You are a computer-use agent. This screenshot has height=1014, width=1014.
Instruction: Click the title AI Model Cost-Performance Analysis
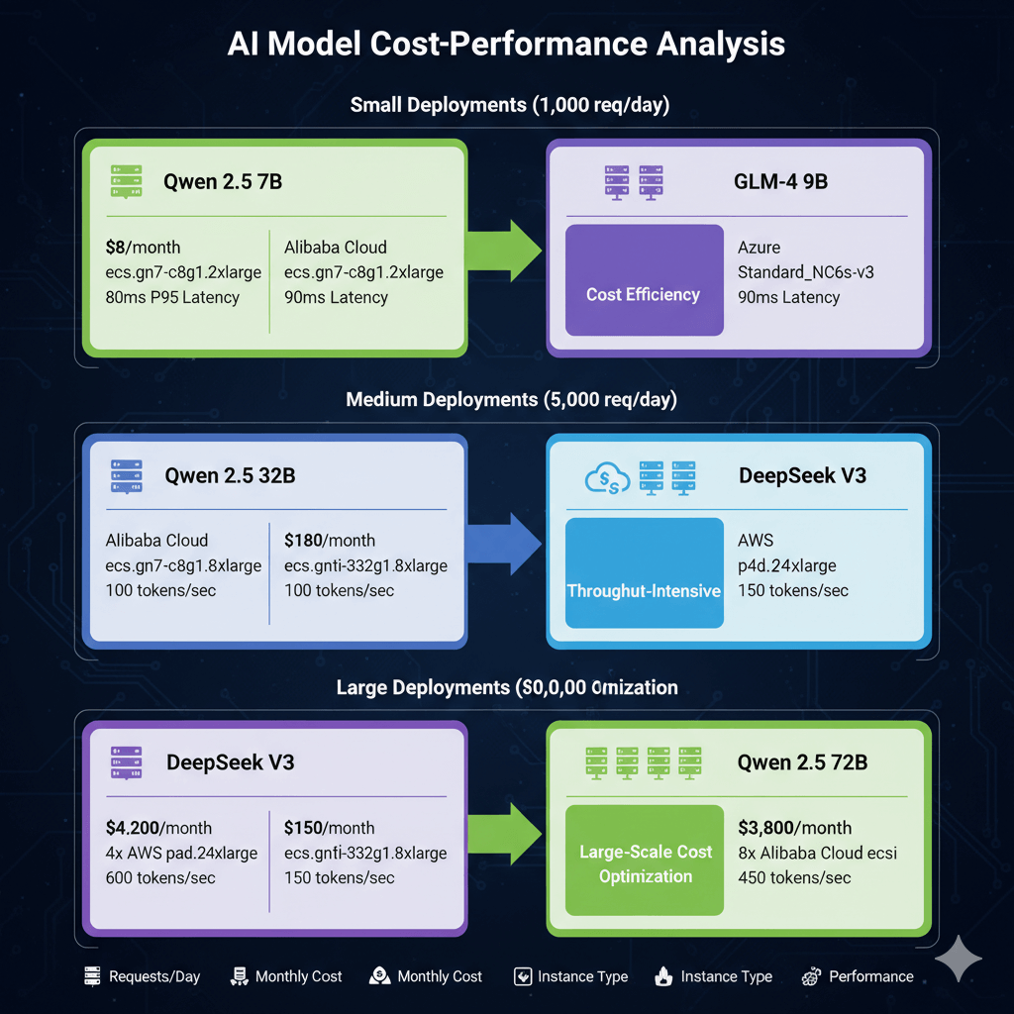[506, 45]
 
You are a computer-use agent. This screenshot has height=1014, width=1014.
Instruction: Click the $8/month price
[144, 247]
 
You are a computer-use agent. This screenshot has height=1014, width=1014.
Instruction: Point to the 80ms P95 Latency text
[172, 297]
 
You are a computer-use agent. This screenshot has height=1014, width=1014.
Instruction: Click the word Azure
[760, 247]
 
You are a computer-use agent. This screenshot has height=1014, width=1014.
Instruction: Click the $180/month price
[330, 540]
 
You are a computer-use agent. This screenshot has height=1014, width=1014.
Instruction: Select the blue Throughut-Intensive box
[644, 572]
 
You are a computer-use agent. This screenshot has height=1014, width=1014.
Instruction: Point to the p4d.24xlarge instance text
[787, 565]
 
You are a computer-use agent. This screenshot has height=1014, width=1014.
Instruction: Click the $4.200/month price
[158, 828]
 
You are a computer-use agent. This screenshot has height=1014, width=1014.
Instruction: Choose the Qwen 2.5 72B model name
[802, 762]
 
